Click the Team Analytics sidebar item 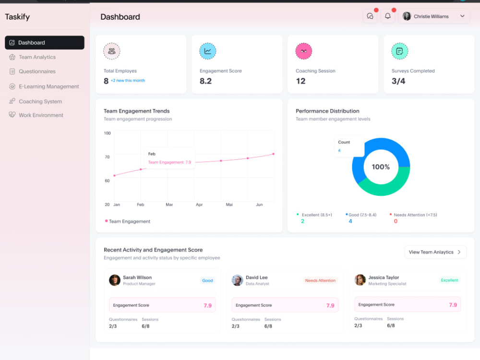[33, 57]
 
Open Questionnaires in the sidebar [33, 72]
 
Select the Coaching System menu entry [36, 101]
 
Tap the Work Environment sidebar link [36, 115]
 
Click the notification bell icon [387, 16]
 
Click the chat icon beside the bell [370, 16]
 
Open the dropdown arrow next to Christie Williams [462, 16]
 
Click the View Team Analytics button [435, 252]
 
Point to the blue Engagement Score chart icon [207, 51]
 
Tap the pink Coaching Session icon [304, 51]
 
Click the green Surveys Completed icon [399, 51]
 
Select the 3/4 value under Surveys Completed [398, 81]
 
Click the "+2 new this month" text [128, 81]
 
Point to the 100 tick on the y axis [107, 133]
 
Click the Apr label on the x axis [199, 204]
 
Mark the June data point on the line [274, 154]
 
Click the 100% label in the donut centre [381, 167]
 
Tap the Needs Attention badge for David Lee [320, 280]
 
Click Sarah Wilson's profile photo [115, 280]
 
